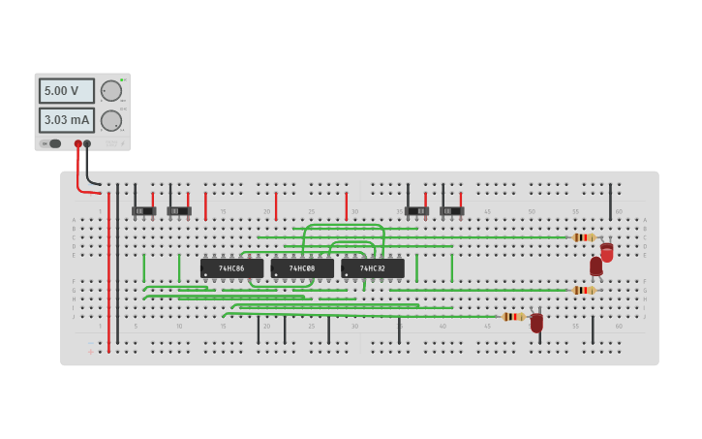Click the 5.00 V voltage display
coord(66,90)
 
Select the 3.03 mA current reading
coord(66,120)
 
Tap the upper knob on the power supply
coord(111,90)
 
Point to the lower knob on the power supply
coord(111,120)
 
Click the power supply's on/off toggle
coord(52,143)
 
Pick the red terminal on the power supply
coord(78,143)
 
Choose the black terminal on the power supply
coord(87,143)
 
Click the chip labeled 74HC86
coord(231,267)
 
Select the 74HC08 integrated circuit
coord(302,267)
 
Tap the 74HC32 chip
coord(373,267)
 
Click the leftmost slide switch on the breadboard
coord(144,210)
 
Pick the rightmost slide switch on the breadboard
coord(452,210)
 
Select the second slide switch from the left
coord(179,210)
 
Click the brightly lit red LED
coord(607,253)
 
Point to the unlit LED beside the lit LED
coord(595,266)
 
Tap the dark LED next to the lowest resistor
coord(536,322)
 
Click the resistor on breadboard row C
coord(583,236)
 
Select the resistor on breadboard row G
coord(583,290)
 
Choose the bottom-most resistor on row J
coord(513,316)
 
